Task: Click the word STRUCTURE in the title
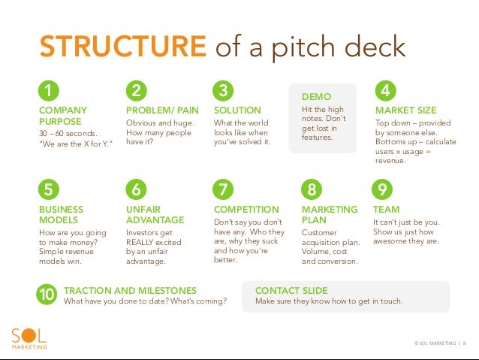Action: pos(123,47)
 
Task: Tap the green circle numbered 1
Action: pos(49,92)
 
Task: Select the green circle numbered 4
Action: pos(385,92)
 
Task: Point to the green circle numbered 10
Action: pos(47,295)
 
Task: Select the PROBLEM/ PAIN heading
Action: pos(162,110)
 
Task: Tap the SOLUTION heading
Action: pos(237,110)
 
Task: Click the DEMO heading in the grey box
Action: pos(315,97)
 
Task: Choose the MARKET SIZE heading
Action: pos(405,110)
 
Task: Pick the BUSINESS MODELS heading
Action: pos(61,214)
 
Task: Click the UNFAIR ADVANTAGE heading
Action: pos(155,214)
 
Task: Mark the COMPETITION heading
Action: pos(246,209)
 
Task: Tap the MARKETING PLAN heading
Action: pos(319,214)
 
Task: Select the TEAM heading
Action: pos(386,209)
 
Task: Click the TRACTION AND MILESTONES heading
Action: pos(130,290)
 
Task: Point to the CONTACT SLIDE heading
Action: pos(291,290)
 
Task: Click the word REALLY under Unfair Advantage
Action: pos(141,242)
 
